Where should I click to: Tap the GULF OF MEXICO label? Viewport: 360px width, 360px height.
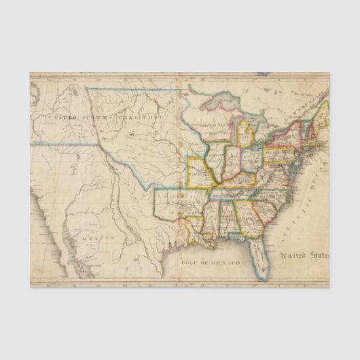click(212, 262)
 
